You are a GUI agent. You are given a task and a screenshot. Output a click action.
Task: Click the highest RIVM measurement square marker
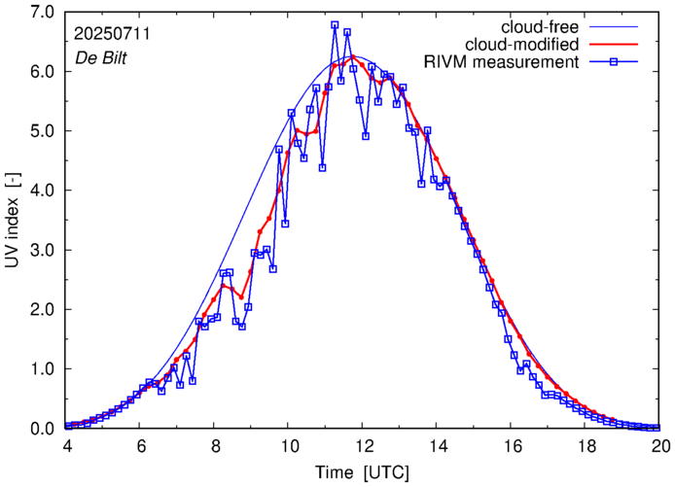(x=335, y=25)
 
